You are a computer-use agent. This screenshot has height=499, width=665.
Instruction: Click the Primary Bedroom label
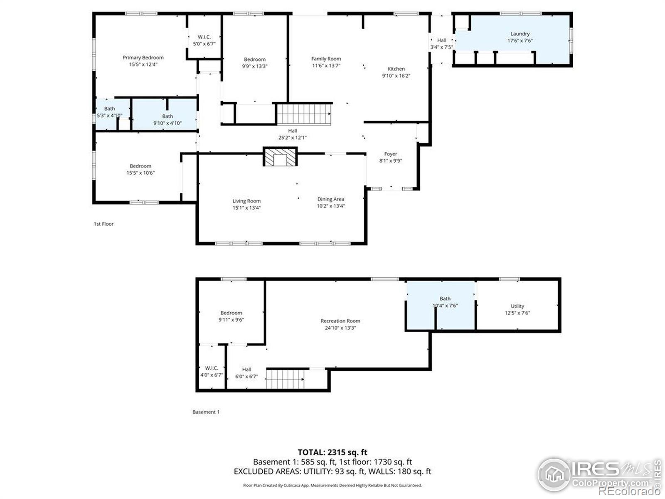[x=143, y=57]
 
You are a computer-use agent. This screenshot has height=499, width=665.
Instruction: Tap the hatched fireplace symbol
[x=280, y=157]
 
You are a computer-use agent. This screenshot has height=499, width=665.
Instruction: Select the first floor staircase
[x=304, y=114]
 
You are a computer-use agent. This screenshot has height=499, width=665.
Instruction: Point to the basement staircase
[x=286, y=379]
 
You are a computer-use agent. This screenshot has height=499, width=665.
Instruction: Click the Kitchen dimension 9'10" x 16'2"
[x=396, y=76]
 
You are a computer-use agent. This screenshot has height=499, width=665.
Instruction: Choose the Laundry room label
[x=520, y=34]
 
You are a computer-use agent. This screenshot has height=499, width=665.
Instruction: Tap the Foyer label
[x=391, y=154]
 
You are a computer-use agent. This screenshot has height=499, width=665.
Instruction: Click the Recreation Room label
[x=340, y=321]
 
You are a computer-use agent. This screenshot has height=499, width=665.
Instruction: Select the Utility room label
[x=517, y=306]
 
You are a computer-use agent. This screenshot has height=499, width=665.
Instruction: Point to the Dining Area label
[x=330, y=199]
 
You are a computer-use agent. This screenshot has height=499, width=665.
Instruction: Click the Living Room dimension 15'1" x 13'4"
[x=246, y=208]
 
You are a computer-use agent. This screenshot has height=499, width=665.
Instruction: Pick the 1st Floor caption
[x=103, y=224]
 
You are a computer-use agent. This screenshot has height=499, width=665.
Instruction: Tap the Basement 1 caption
[x=206, y=412]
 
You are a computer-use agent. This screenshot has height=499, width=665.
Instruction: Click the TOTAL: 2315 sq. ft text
[x=332, y=452]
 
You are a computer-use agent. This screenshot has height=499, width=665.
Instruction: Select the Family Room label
[x=326, y=59]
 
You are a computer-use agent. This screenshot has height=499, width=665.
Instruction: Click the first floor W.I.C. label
[x=204, y=37]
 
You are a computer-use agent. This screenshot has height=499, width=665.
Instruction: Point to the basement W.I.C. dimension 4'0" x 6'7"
[x=212, y=375]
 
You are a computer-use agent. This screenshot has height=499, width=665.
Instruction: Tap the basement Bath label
[x=445, y=299]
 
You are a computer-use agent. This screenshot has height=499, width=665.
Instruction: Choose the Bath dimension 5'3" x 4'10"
[x=109, y=116]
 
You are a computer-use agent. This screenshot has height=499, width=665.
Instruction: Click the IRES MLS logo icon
[x=554, y=474]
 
